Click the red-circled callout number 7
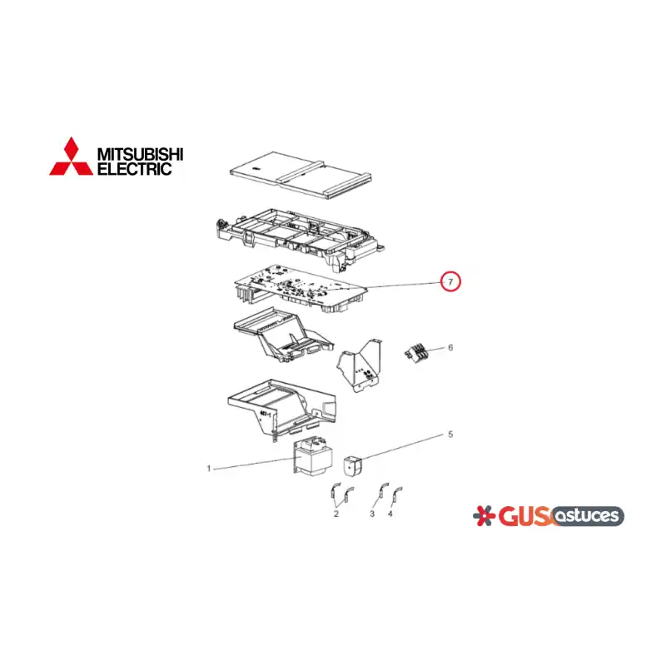point(450,281)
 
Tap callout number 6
point(450,347)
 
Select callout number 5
point(450,434)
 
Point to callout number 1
point(209,469)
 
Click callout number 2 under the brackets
point(336,514)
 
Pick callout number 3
point(372,514)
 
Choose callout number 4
point(390,514)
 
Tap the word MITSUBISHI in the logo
point(140,154)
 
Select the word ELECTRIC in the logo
point(134,169)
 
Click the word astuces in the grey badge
point(588,516)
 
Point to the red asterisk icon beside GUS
point(485,515)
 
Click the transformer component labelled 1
point(311,457)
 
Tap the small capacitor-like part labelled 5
point(352,465)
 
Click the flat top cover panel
point(301,175)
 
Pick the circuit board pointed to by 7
point(301,290)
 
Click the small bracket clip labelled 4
point(397,495)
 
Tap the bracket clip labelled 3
point(384,491)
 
